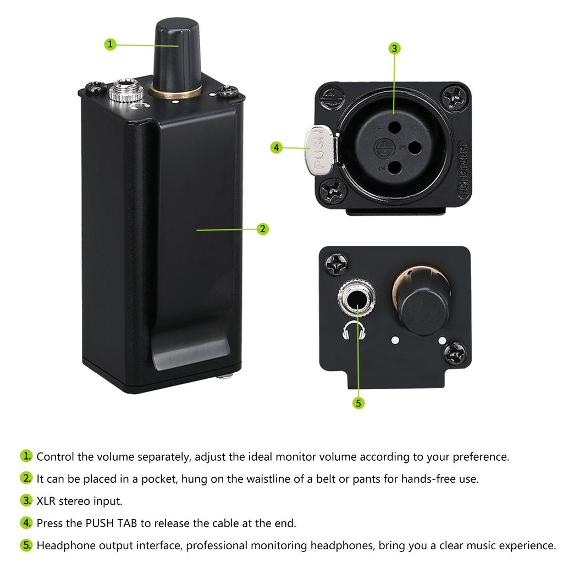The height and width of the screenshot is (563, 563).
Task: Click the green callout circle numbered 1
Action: pos(111,45)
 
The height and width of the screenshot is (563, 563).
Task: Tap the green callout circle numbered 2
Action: pos(263,229)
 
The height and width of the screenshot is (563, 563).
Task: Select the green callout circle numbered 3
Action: pos(394,48)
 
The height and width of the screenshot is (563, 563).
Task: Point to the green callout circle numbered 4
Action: pos(277,147)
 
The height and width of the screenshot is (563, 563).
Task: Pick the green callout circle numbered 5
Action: pos(358,403)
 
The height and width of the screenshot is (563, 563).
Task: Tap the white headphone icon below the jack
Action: pos(354,332)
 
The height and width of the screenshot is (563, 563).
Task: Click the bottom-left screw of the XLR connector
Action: pos(334,190)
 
